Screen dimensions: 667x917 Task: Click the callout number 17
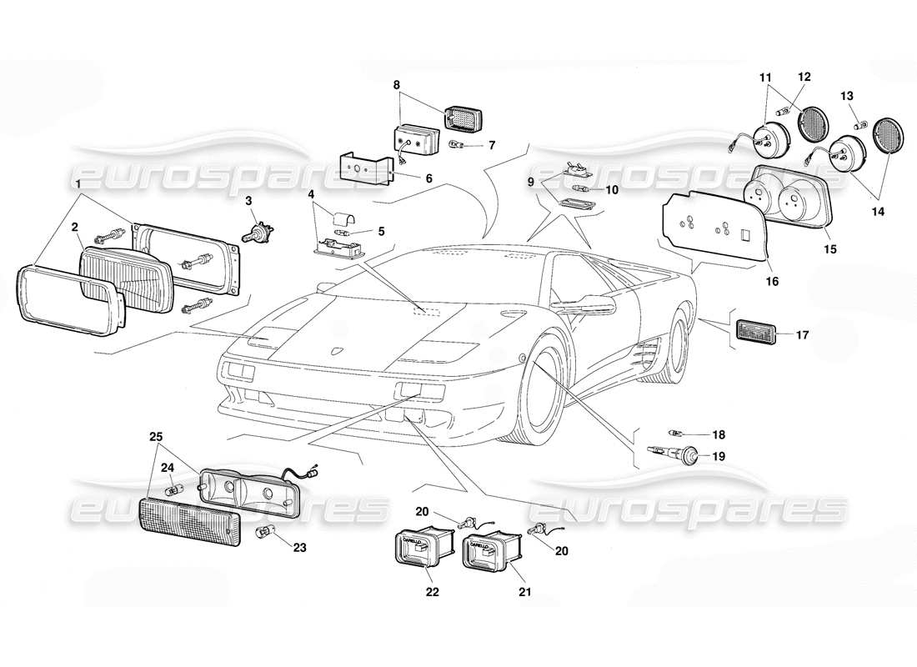click(x=802, y=336)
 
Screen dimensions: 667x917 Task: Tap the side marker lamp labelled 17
click(x=755, y=333)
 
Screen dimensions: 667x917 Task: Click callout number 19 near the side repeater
click(x=719, y=456)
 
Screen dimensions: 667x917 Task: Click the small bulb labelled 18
click(x=677, y=433)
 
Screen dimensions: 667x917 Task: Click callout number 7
click(x=492, y=145)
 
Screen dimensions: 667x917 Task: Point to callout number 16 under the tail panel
click(x=772, y=282)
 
